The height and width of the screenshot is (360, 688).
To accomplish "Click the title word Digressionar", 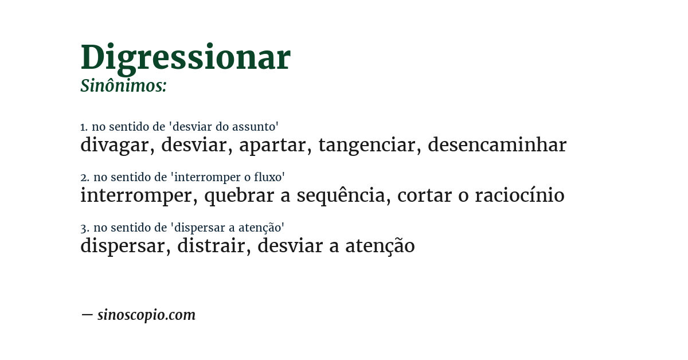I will pos(185,58).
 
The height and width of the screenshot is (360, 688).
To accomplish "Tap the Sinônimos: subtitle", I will pos(123,86).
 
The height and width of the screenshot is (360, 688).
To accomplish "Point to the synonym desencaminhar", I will pos(497,146).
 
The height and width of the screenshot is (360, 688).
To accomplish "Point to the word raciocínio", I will pos(519,196).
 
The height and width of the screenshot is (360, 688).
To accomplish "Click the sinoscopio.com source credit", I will pos(146,315).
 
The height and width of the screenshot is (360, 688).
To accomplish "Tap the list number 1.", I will pos(83,127).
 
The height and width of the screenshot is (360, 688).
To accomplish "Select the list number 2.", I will pos(84,178).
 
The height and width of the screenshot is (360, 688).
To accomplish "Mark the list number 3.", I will pos(84,228).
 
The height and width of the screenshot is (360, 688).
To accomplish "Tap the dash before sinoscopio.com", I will pos(87,315).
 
